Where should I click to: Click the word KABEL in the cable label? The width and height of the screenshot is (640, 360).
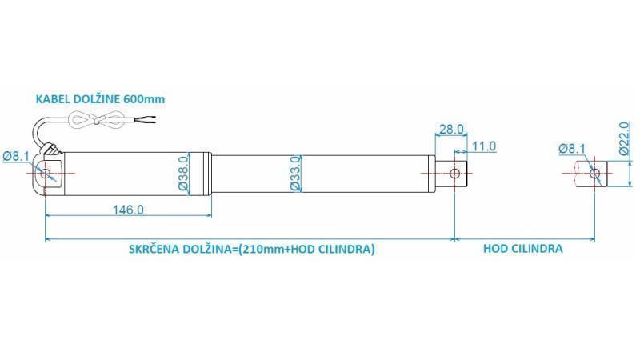50,99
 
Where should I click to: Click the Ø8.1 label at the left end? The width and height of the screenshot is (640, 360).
16,157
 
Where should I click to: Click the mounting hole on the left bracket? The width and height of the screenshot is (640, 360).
46,173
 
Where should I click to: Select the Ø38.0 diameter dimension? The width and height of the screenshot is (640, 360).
182,173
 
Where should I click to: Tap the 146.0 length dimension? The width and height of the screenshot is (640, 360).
127,210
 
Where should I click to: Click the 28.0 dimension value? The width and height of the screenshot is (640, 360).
451,130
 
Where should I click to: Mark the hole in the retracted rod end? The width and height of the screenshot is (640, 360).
455,173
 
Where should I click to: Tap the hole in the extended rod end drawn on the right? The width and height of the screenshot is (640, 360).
594,174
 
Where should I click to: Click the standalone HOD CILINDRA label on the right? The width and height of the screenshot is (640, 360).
522,249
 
